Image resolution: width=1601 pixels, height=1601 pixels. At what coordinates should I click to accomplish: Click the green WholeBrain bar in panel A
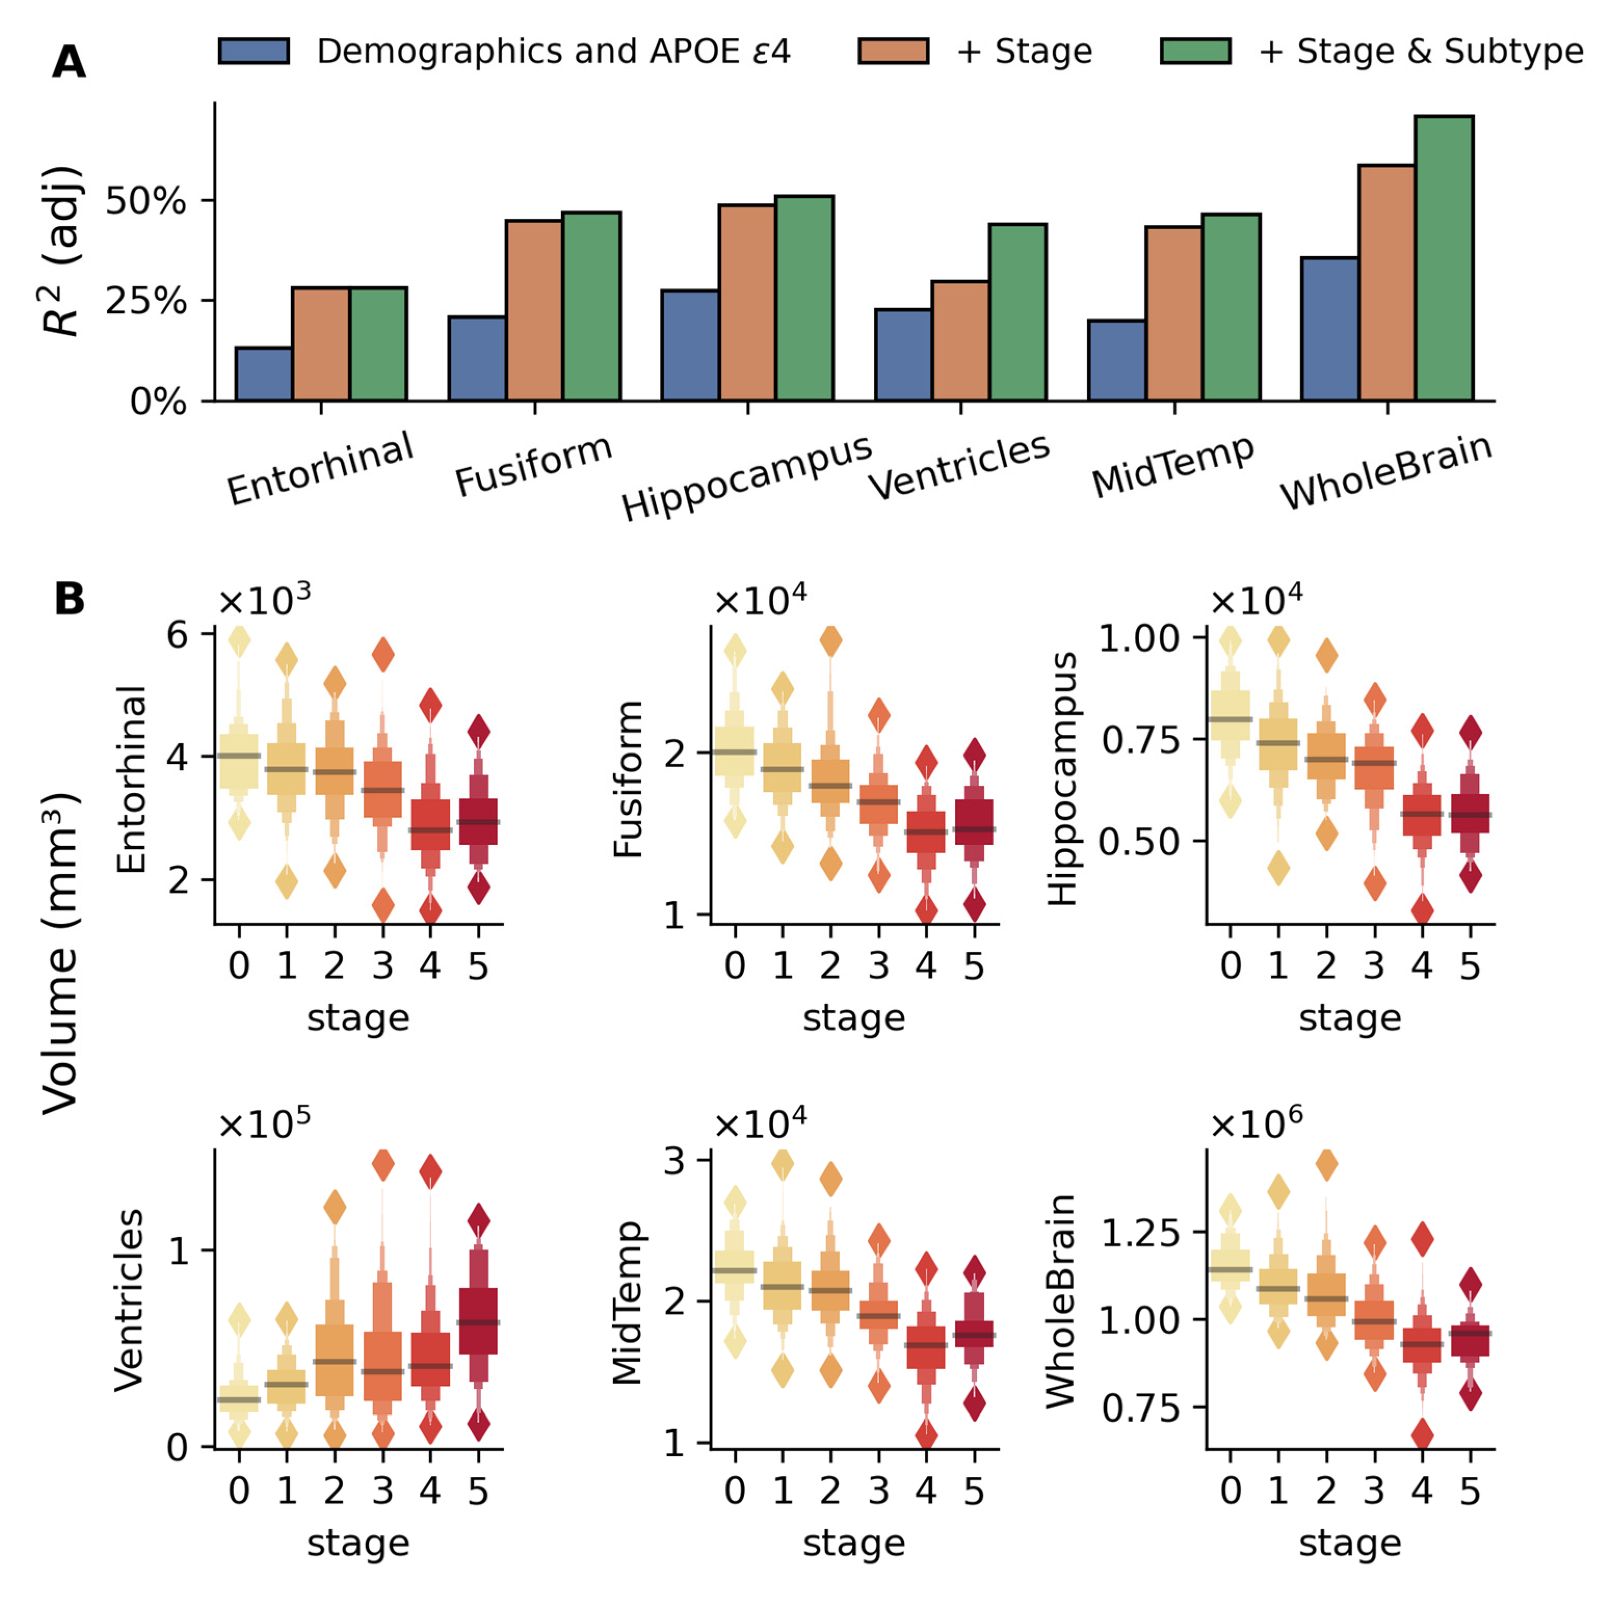1444,259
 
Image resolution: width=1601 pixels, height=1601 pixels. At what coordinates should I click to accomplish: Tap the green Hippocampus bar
804,298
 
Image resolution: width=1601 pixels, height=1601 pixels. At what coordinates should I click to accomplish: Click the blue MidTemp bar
1116,361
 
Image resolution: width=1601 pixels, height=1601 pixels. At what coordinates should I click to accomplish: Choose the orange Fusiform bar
535,311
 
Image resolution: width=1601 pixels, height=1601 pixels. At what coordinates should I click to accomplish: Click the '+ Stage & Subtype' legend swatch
1195,51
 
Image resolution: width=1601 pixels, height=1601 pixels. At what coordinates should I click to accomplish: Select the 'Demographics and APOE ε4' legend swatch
254,51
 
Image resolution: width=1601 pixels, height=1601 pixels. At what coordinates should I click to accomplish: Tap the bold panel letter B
70,598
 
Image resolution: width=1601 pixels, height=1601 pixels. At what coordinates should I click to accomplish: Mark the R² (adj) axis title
63,251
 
